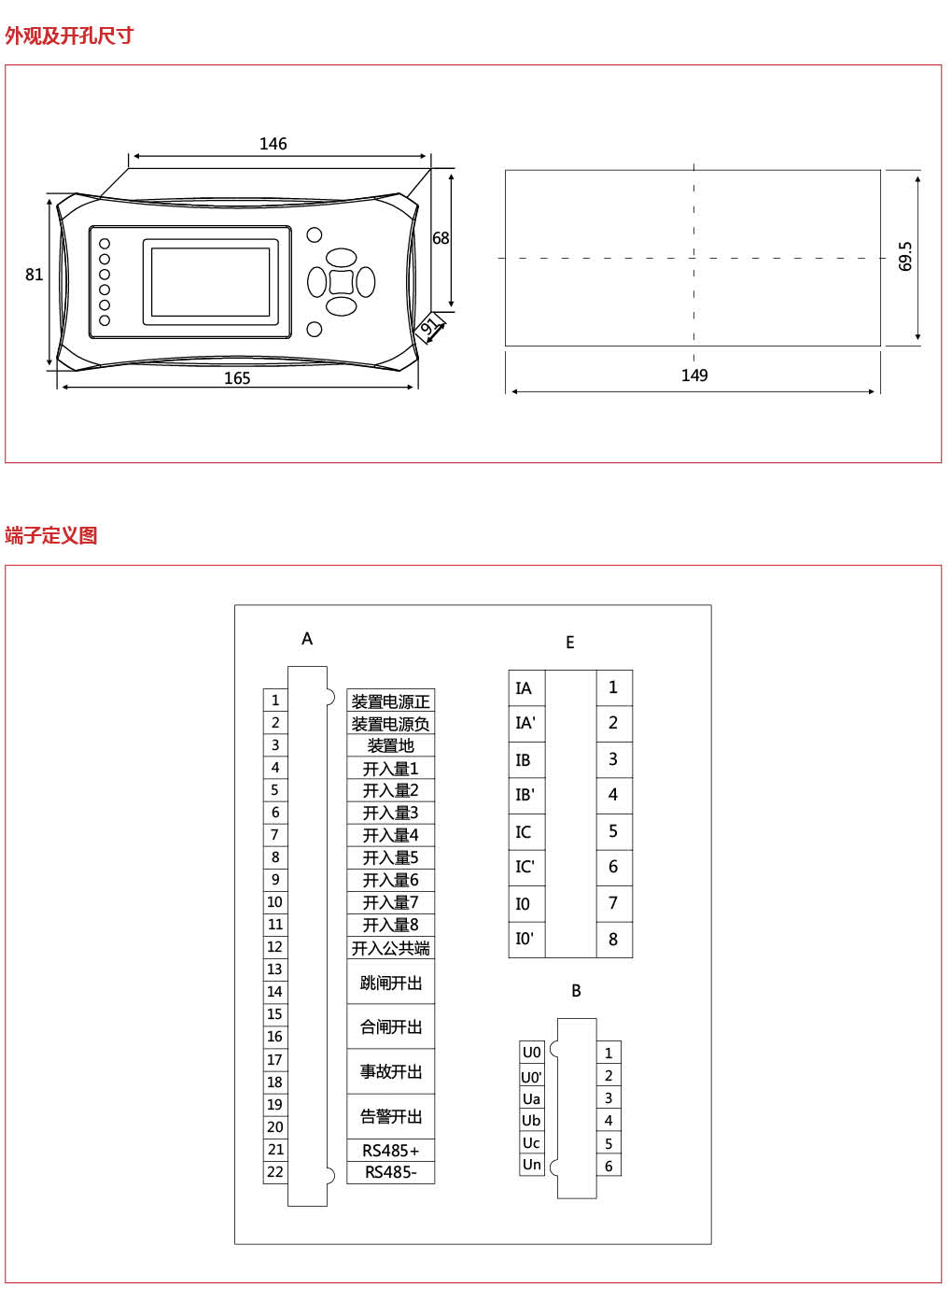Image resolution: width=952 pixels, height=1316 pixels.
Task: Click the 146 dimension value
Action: [x=273, y=144]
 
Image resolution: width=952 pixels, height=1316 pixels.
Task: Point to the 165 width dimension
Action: [x=237, y=378]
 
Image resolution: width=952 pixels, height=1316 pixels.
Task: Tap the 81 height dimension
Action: [x=35, y=275]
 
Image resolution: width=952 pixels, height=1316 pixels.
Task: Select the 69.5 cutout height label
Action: [x=905, y=256]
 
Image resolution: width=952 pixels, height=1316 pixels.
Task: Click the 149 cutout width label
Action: [x=694, y=375]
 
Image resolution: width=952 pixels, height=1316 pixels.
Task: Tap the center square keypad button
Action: [x=341, y=281]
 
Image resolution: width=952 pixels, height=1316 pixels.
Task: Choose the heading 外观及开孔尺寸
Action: [x=69, y=36]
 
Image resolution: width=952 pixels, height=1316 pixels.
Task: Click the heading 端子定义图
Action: [x=51, y=536]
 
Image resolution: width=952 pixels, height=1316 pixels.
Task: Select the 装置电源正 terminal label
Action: [x=390, y=701]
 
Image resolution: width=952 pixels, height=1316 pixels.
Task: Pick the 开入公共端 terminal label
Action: [x=390, y=948]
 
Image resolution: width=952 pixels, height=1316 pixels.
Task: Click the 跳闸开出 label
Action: [x=390, y=983]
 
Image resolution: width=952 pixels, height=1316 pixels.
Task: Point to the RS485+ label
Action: [x=390, y=1151]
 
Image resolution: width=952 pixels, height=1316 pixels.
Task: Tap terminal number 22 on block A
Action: [x=275, y=1172]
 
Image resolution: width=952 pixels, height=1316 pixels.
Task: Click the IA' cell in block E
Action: [x=525, y=723]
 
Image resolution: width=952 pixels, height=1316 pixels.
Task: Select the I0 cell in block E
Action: [x=523, y=903]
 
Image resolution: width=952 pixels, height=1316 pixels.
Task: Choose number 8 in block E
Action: [x=613, y=940]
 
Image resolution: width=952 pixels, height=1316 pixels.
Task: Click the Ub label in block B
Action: [x=531, y=1121]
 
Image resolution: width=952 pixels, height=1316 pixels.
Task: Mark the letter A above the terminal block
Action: [x=307, y=639]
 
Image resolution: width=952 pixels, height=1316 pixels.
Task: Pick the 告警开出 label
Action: [x=390, y=1117]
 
